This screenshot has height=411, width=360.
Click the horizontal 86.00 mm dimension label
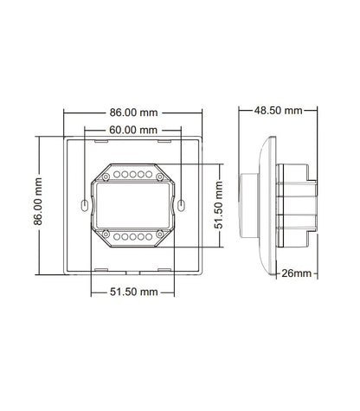(x=133, y=112)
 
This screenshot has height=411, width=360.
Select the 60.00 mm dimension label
(x=133, y=130)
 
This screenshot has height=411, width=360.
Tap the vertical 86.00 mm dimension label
(x=38, y=202)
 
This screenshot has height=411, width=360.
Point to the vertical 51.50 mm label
(x=219, y=205)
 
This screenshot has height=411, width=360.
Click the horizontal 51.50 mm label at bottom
(x=134, y=292)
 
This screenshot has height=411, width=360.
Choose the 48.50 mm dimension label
(x=278, y=111)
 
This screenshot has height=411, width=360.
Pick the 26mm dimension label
(x=297, y=273)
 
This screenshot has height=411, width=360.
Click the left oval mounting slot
(x=84, y=205)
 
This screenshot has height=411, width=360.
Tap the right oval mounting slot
(x=181, y=205)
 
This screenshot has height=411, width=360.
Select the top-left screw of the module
(x=106, y=177)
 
